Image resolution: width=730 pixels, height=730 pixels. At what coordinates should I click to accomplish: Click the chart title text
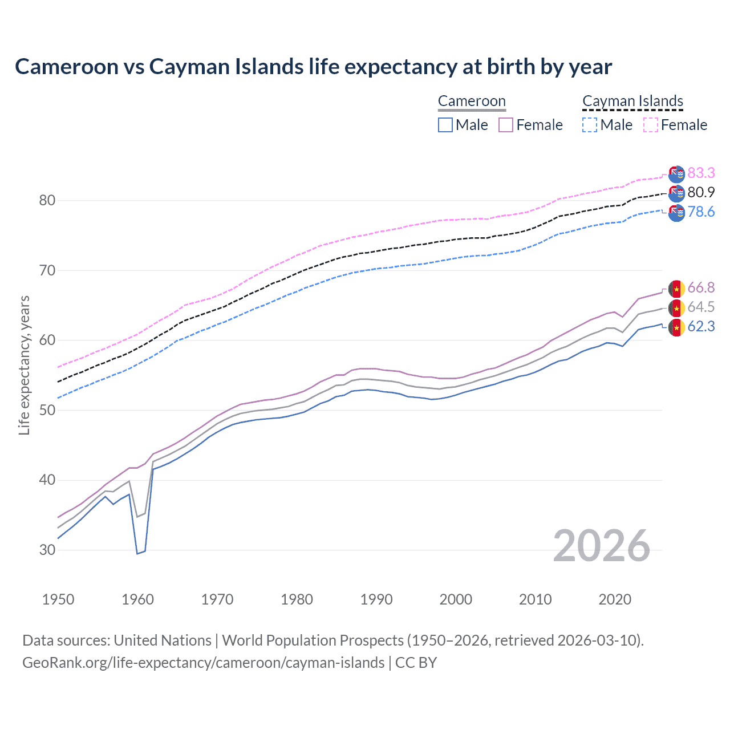pyautogui.click(x=313, y=67)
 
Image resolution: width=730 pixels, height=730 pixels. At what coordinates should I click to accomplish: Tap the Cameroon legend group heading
pyautogui.click(x=472, y=102)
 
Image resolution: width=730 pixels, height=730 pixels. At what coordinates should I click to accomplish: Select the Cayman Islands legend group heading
pyautogui.click(x=632, y=102)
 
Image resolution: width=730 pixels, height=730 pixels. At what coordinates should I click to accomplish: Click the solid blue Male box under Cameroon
pyautogui.click(x=445, y=125)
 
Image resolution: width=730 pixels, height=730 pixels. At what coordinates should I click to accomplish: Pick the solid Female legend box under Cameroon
pyautogui.click(x=506, y=125)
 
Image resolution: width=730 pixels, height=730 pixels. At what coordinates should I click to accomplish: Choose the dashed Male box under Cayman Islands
pyautogui.click(x=590, y=125)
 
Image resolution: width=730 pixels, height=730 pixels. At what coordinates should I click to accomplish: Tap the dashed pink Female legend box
pyautogui.click(x=651, y=125)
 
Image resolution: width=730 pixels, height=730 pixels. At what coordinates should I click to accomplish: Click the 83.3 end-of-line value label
pyautogui.click(x=701, y=173)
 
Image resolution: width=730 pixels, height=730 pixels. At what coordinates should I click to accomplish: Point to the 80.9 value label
pyautogui.click(x=701, y=193)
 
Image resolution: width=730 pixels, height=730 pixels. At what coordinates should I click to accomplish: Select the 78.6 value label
pyautogui.click(x=701, y=212)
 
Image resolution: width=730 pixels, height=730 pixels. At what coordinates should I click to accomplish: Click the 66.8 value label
pyautogui.click(x=701, y=287)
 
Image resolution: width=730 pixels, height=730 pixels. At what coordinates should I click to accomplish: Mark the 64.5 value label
pyautogui.click(x=701, y=307)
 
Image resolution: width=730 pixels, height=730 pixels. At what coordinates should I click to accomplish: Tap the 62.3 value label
pyautogui.click(x=701, y=327)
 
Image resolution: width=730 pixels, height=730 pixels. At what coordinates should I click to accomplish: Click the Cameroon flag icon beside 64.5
pyautogui.click(x=676, y=309)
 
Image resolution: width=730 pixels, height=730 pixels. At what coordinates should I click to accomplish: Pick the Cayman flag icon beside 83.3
pyautogui.click(x=676, y=174)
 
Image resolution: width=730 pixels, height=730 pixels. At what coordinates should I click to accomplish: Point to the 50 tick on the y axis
pyautogui.click(x=47, y=410)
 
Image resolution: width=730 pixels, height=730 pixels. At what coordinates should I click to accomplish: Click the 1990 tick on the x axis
pyautogui.click(x=376, y=599)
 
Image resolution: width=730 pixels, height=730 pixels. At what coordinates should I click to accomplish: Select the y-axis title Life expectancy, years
pyautogui.click(x=24, y=365)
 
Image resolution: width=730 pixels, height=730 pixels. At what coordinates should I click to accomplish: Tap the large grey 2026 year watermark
pyautogui.click(x=601, y=546)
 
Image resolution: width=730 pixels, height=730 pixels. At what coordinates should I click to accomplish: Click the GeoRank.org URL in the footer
pyautogui.click(x=203, y=663)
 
